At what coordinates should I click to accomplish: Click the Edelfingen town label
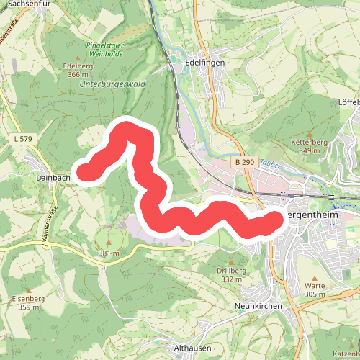(205, 63)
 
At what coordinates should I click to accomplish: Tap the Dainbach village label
(52, 177)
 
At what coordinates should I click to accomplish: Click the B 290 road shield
(244, 163)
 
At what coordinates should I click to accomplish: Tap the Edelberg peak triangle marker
(77, 57)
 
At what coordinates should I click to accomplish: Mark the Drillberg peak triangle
(231, 262)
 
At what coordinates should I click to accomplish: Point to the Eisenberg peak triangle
(28, 290)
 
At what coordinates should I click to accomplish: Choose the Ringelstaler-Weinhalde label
(106, 50)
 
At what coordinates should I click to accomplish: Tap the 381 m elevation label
(109, 253)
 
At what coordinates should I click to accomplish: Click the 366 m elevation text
(77, 74)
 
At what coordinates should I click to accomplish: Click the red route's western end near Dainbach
(86, 171)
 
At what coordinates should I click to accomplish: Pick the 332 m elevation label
(231, 279)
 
